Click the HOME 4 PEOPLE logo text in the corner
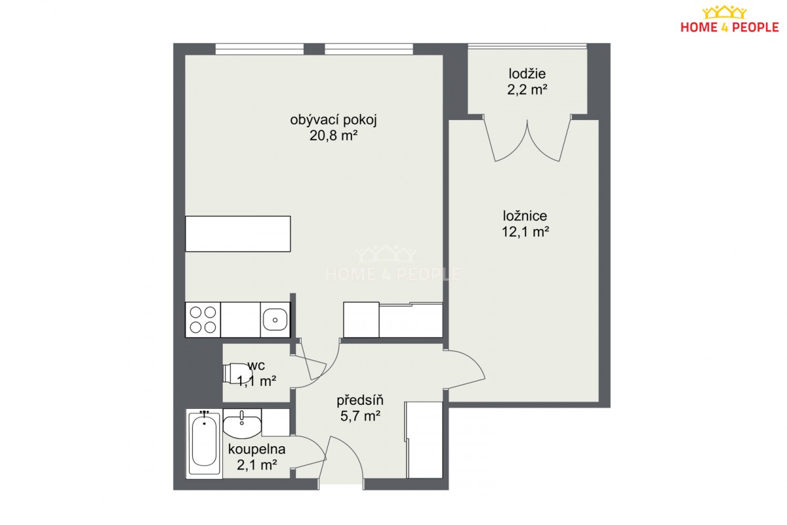tap(730, 28)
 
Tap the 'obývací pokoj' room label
tap(333, 120)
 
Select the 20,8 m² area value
tap(333, 135)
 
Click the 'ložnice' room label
tap(525, 215)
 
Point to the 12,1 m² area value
tap(525, 232)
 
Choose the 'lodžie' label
tap(527, 73)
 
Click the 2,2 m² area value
tap(527, 90)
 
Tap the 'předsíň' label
tap(360, 400)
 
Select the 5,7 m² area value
tap(360, 416)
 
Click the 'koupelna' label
tap(257, 449)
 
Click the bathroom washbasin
tap(242, 424)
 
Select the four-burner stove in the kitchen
tap(203, 320)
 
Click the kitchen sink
tap(275, 320)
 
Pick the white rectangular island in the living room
tap(238, 234)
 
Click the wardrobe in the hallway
tap(424, 440)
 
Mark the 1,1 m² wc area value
tap(257, 381)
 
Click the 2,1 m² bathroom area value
tap(257, 465)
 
